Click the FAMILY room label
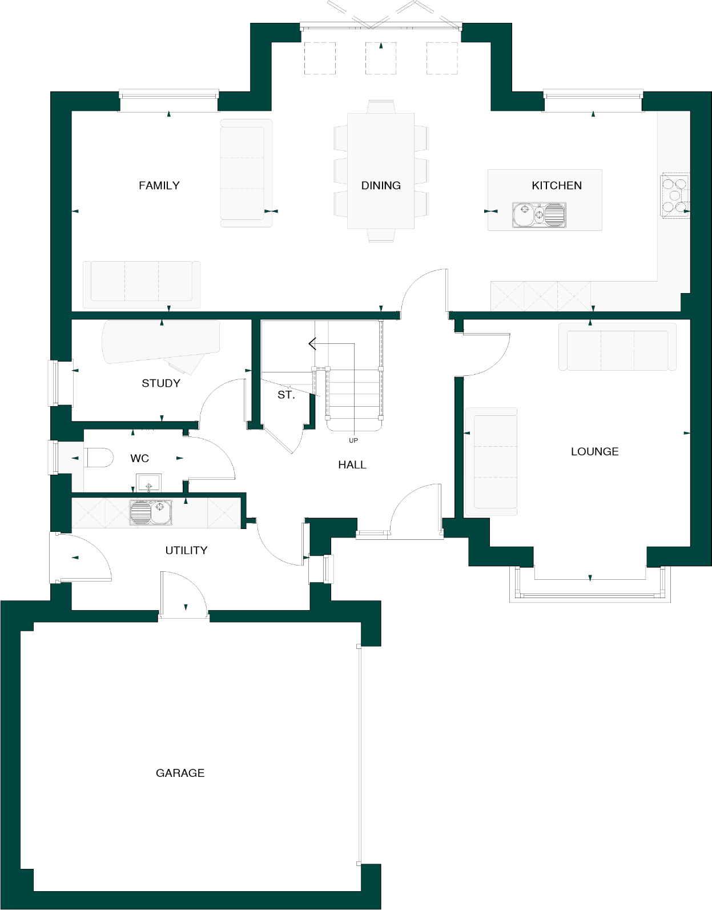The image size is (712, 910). point(159,186)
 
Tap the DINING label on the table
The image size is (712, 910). point(381,186)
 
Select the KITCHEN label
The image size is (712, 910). point(557,186)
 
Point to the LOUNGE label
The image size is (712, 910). point(594,452)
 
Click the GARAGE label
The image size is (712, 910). point(180,773)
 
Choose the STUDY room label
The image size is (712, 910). point(161,383)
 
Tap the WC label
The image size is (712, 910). point(139,458)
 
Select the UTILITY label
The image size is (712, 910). point(186,550)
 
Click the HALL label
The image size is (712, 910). point(352,465)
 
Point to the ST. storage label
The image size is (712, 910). point(286,395)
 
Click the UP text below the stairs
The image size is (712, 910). point(353,440)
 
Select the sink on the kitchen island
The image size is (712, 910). point(539,214)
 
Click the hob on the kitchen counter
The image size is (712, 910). point(674,195)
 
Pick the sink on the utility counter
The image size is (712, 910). point(151,512)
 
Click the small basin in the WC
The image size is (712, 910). point(148,484)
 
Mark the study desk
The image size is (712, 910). point(160,342)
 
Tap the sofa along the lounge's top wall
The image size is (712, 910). point(617,347)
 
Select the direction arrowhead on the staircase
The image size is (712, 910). point(312,343)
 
